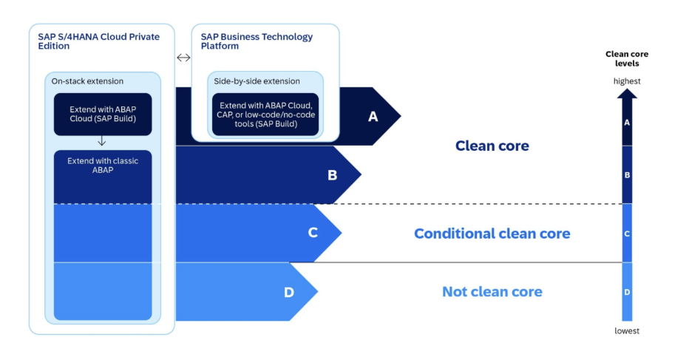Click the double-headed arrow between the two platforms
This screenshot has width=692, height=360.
click(183, 58)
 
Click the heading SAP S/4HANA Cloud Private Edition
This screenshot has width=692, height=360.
click(99, 41)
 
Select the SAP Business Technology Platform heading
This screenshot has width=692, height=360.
click(257, 41)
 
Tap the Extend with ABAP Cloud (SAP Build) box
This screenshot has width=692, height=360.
click(103, 115)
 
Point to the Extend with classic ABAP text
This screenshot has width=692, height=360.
click(103, 166)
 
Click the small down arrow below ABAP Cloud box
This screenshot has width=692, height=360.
click(102, 141)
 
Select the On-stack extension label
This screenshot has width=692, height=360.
click(87, 81)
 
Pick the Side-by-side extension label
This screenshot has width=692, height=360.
click(257, 81)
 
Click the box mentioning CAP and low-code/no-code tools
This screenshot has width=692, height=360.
click(265, 115)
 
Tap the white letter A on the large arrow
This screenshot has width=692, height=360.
click(373, 117)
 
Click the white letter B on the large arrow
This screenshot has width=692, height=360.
click(332, 175)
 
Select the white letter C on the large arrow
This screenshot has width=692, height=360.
click(313, 233)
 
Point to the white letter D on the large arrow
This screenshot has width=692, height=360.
click(289, 292)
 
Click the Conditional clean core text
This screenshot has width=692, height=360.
click(492, 234)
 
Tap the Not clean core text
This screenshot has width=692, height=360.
click(492, 291)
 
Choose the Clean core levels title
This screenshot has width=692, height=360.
click(627, 58)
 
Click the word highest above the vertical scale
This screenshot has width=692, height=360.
click(627, 81)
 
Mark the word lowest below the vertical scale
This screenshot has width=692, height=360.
click(627, 331)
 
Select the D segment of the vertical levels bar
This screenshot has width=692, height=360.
click(627, 291)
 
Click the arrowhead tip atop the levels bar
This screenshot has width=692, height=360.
click(627, 89)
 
